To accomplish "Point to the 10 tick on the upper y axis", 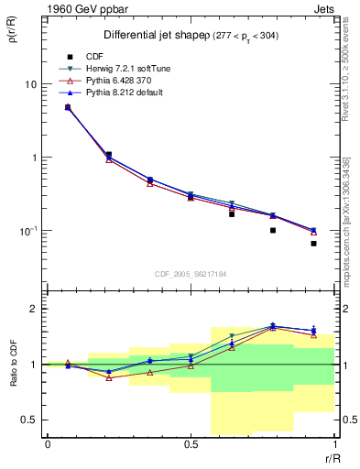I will pyautogui.click(x=31, y=84).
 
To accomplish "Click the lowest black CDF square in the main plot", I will pyautogui.click(x=313, y=244).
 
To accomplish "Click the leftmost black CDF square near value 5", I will pyautogui.click(x=68, y=107).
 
